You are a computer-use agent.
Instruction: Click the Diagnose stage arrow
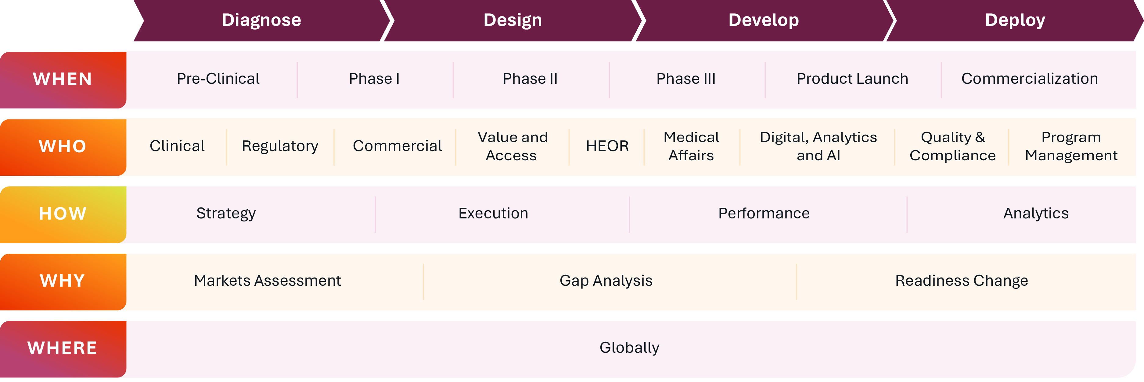pyautogui.click(x=261, y=20)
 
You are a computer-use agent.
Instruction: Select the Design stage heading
pyautogui.click(x=513, y=20)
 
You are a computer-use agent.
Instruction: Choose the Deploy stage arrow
pyautogui.click(x=1015, y=20)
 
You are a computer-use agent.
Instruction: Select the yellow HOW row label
pyautogui.click(x=63, y=214)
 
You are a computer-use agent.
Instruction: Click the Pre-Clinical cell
pyautogui.click(x=218, y=79)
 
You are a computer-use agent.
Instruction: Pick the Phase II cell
pyautogui.click(x=530, y=79)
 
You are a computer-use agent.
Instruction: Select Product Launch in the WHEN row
pyautogui.click(x=852, y=79)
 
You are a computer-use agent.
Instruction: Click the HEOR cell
pyautogui.click(x=607, y=146)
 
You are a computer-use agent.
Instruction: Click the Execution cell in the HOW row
pyautogui.click(x=493, y=214)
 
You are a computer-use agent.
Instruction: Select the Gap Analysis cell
pyautogui.click(x=606, y=281)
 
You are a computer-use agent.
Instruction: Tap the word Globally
pyautogui.click(x=629, y=348)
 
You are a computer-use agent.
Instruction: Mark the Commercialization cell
pyautogui.click(x=1029, y=79)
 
